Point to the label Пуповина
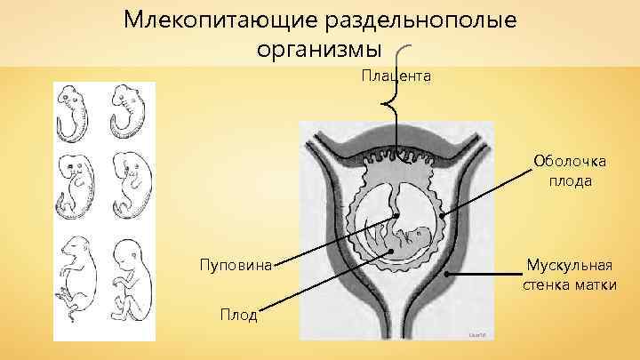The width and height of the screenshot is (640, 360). click(236, 264)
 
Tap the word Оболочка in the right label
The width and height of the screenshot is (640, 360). click(570, 161)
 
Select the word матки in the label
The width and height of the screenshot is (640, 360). click(596, 284)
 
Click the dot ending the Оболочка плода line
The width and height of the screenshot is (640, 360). click(440, 214)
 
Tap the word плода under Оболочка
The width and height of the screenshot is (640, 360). click(570, 180)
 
